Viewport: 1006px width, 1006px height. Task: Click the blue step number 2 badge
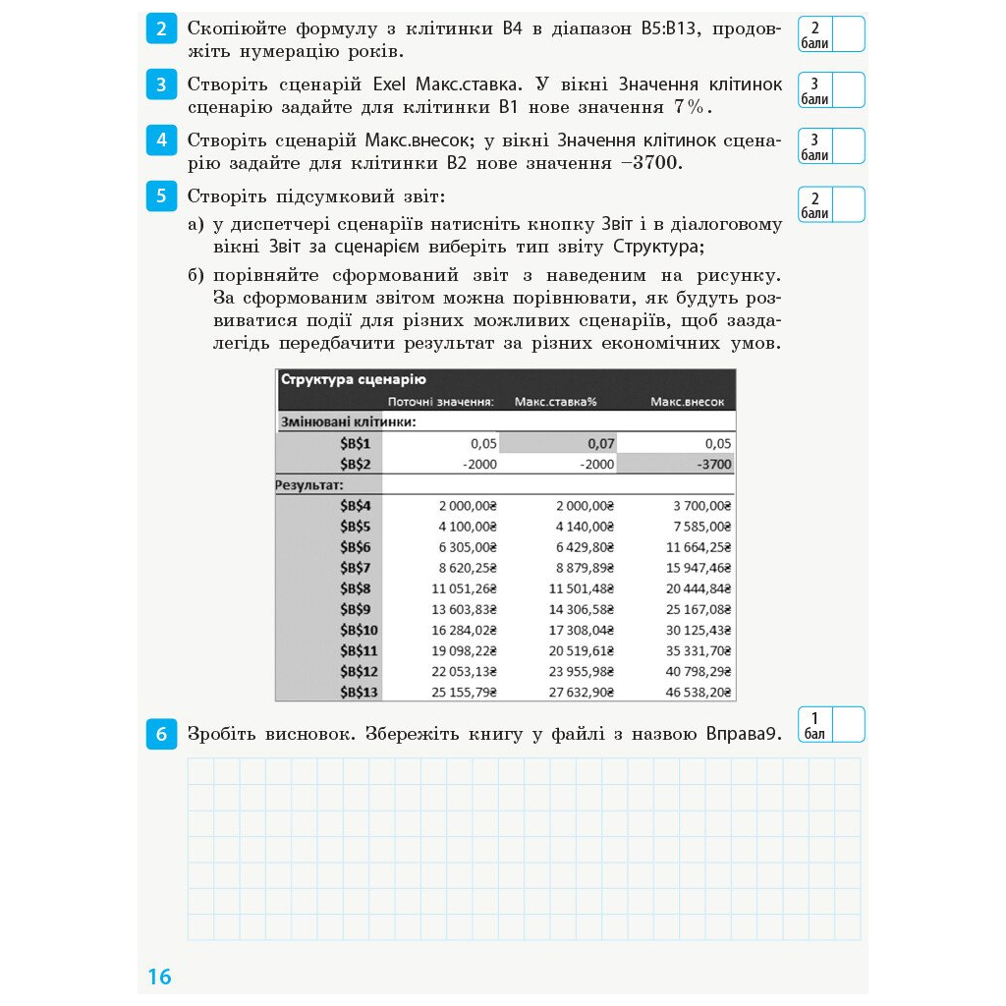[160, 29]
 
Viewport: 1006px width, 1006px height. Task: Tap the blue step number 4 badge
[160, 140]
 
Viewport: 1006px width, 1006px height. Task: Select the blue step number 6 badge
[160, 734]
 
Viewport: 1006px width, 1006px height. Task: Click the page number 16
[159, 977]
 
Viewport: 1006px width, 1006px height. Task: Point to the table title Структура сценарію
[353, 380]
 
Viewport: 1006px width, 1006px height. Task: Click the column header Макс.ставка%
[556, 402]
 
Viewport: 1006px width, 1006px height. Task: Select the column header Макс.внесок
[687, 402]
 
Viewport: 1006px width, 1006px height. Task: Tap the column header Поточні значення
[440, 402]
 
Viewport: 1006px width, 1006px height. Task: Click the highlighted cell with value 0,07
[557, 443]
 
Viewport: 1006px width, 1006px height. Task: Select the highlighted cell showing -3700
[675, 464]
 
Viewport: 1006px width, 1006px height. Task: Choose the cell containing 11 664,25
[693, 547]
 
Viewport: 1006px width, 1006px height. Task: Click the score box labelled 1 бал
[831, 725]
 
